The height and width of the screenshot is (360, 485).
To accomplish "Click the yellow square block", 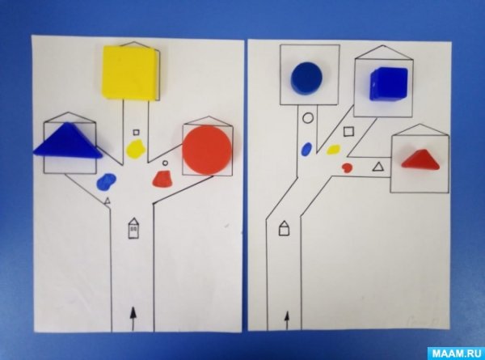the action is [130, 73].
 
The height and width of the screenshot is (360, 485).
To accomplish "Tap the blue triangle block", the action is [67, 141].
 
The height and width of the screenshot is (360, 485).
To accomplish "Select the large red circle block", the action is [207, 150].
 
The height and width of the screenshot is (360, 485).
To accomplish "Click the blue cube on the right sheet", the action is [389, 83].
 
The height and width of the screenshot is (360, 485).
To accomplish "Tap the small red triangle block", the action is [420, 159].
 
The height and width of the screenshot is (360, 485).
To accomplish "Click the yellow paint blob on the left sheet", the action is [136, 149].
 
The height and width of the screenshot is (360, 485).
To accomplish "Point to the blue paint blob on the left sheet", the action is [106, 181].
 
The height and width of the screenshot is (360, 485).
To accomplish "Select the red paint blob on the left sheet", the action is [162, 179].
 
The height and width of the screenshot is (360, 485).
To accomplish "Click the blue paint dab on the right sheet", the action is [306, 149].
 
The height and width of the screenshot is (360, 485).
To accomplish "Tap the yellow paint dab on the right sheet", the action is [333, 150].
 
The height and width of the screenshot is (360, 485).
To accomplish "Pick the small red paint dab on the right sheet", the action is [347, 167].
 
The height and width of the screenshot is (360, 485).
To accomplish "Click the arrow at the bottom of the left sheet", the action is [133, 319].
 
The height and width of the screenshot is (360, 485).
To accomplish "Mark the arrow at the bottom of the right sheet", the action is [287, 320].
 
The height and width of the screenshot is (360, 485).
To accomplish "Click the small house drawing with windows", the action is [133, 228].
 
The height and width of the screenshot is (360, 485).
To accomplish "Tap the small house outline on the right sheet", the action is [285, 228].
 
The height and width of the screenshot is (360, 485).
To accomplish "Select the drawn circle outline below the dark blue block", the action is [308, 118].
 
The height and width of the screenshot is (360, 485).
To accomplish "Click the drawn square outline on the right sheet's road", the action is [348, 131].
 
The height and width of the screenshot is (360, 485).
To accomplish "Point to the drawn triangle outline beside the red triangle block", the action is [377, 167].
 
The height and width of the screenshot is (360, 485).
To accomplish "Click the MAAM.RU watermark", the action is [456, 354].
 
